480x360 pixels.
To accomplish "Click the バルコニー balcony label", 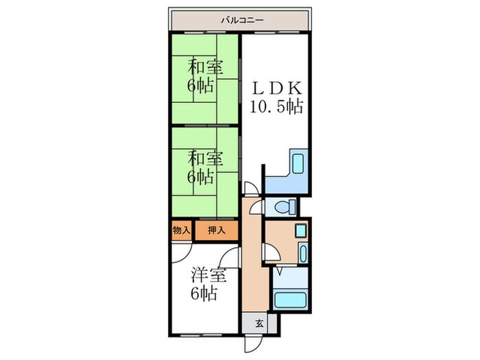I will (x=239, y=19).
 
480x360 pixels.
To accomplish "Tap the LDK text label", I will (x=277, y=89).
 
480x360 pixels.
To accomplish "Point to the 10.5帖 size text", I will (x=277, y=107).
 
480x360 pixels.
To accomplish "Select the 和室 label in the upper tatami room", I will (x=204, y=68).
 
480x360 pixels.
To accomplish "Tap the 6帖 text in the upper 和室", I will (x=201, y=86).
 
